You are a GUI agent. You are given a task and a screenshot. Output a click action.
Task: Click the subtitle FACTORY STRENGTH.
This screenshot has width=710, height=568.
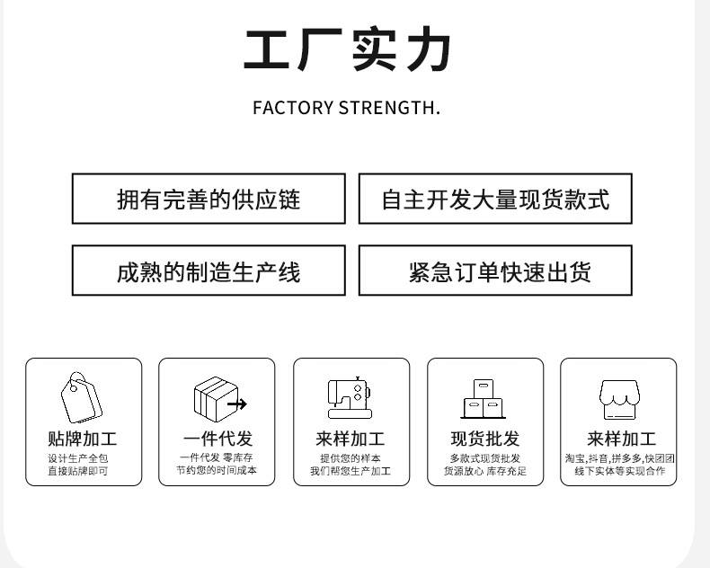tap(346, 109)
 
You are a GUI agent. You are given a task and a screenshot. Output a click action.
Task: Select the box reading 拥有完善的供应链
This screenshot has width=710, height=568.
tap(209, 199)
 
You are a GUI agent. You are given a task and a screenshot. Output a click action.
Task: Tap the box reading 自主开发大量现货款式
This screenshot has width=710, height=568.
tap(495, 199)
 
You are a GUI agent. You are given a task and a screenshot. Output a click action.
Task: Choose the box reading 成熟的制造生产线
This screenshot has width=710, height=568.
tap(209, 271)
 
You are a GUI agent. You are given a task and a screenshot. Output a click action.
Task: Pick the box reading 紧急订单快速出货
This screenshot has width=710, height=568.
tap(495, 271)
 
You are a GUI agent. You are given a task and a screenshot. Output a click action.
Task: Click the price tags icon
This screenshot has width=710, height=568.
tap(82, 397)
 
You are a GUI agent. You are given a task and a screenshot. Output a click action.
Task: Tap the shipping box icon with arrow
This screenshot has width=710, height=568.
tap(218, 398)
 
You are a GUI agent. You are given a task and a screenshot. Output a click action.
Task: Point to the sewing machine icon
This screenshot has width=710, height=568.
tap(350, 397)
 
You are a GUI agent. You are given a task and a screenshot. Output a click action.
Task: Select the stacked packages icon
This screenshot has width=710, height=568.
tap(484, 398)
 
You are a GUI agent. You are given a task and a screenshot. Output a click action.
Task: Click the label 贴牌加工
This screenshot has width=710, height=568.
tap(83, 439)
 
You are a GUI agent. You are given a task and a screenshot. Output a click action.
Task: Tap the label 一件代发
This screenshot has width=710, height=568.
tap(217, 439)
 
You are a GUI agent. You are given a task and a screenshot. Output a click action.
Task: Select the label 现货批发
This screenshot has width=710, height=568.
tap(485, 439)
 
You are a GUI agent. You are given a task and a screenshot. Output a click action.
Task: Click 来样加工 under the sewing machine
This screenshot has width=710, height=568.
tap(351, 439)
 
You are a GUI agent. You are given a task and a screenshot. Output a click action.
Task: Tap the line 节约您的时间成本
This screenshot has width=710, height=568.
tap(217, 470)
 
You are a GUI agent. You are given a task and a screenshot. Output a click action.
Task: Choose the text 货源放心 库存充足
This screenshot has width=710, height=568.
tap(485, 471)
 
